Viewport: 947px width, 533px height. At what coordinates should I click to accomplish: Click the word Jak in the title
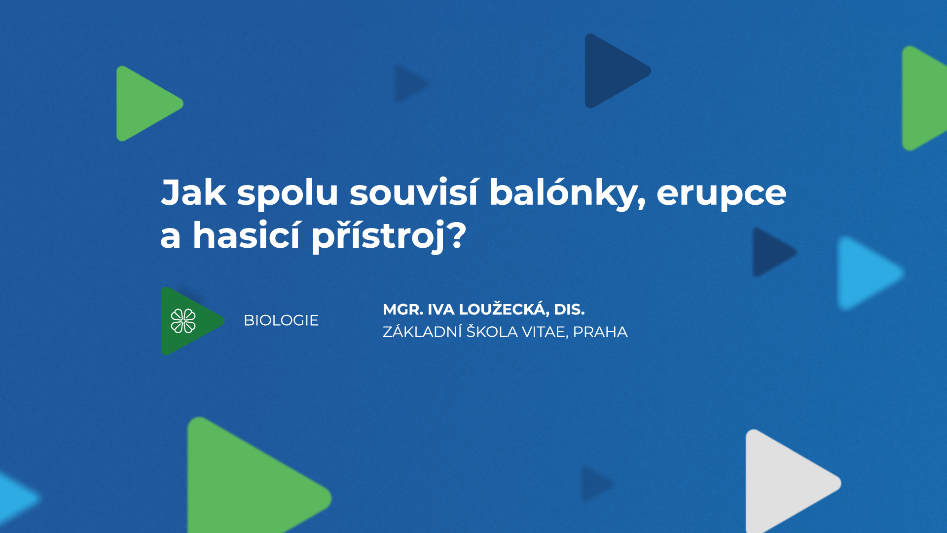pos(193,192)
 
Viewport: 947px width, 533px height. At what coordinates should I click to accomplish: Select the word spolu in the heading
pos(287,193)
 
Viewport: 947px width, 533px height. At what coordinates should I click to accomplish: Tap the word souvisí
pos(413,192)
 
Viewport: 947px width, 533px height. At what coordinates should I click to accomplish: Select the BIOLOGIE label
pos(281,320)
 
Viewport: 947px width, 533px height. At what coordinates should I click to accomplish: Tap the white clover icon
pos(183,321)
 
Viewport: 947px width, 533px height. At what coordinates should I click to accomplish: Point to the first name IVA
pos(440,309)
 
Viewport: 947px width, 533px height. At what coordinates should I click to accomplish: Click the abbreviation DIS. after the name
pos(569,309)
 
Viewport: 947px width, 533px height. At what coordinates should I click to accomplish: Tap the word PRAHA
pos(600,332)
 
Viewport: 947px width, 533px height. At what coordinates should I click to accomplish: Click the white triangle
pos(784,483)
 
